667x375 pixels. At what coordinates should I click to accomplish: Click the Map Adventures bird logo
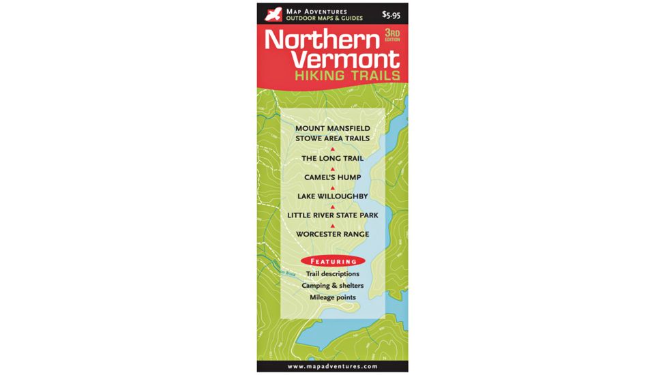click(273, 14)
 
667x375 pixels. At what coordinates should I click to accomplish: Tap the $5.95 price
click(391, 14)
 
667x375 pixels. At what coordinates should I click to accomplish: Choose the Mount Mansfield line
click(333, 128)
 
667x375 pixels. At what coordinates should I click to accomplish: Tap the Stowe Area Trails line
click(333, 138)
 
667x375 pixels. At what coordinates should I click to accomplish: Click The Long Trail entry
click(333, 159)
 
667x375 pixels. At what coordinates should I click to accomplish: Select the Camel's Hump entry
click(333, 178)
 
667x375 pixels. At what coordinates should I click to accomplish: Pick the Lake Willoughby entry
click(333, 196)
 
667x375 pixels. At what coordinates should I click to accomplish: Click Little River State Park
click(333, 215)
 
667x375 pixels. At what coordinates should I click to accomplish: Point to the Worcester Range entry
click(333, 235)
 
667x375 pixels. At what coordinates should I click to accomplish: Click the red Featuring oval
click(333, 261)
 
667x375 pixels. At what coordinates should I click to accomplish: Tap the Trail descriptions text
click(333, 274)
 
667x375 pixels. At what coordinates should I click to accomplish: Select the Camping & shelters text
click(333, 286)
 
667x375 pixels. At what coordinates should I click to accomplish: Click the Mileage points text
click(333, 297)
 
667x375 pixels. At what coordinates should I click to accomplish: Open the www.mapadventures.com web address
click(333, 366)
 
